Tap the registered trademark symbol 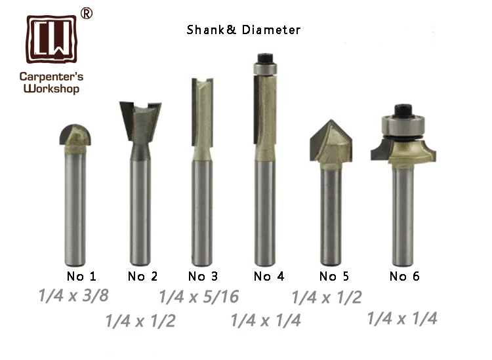(86, 14)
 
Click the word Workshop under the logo (51, 89)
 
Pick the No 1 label (81, 276)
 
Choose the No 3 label (203, 276)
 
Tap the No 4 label (269, 276)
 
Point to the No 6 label (404, 276)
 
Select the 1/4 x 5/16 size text (199, 297)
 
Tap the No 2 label (142, 276)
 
